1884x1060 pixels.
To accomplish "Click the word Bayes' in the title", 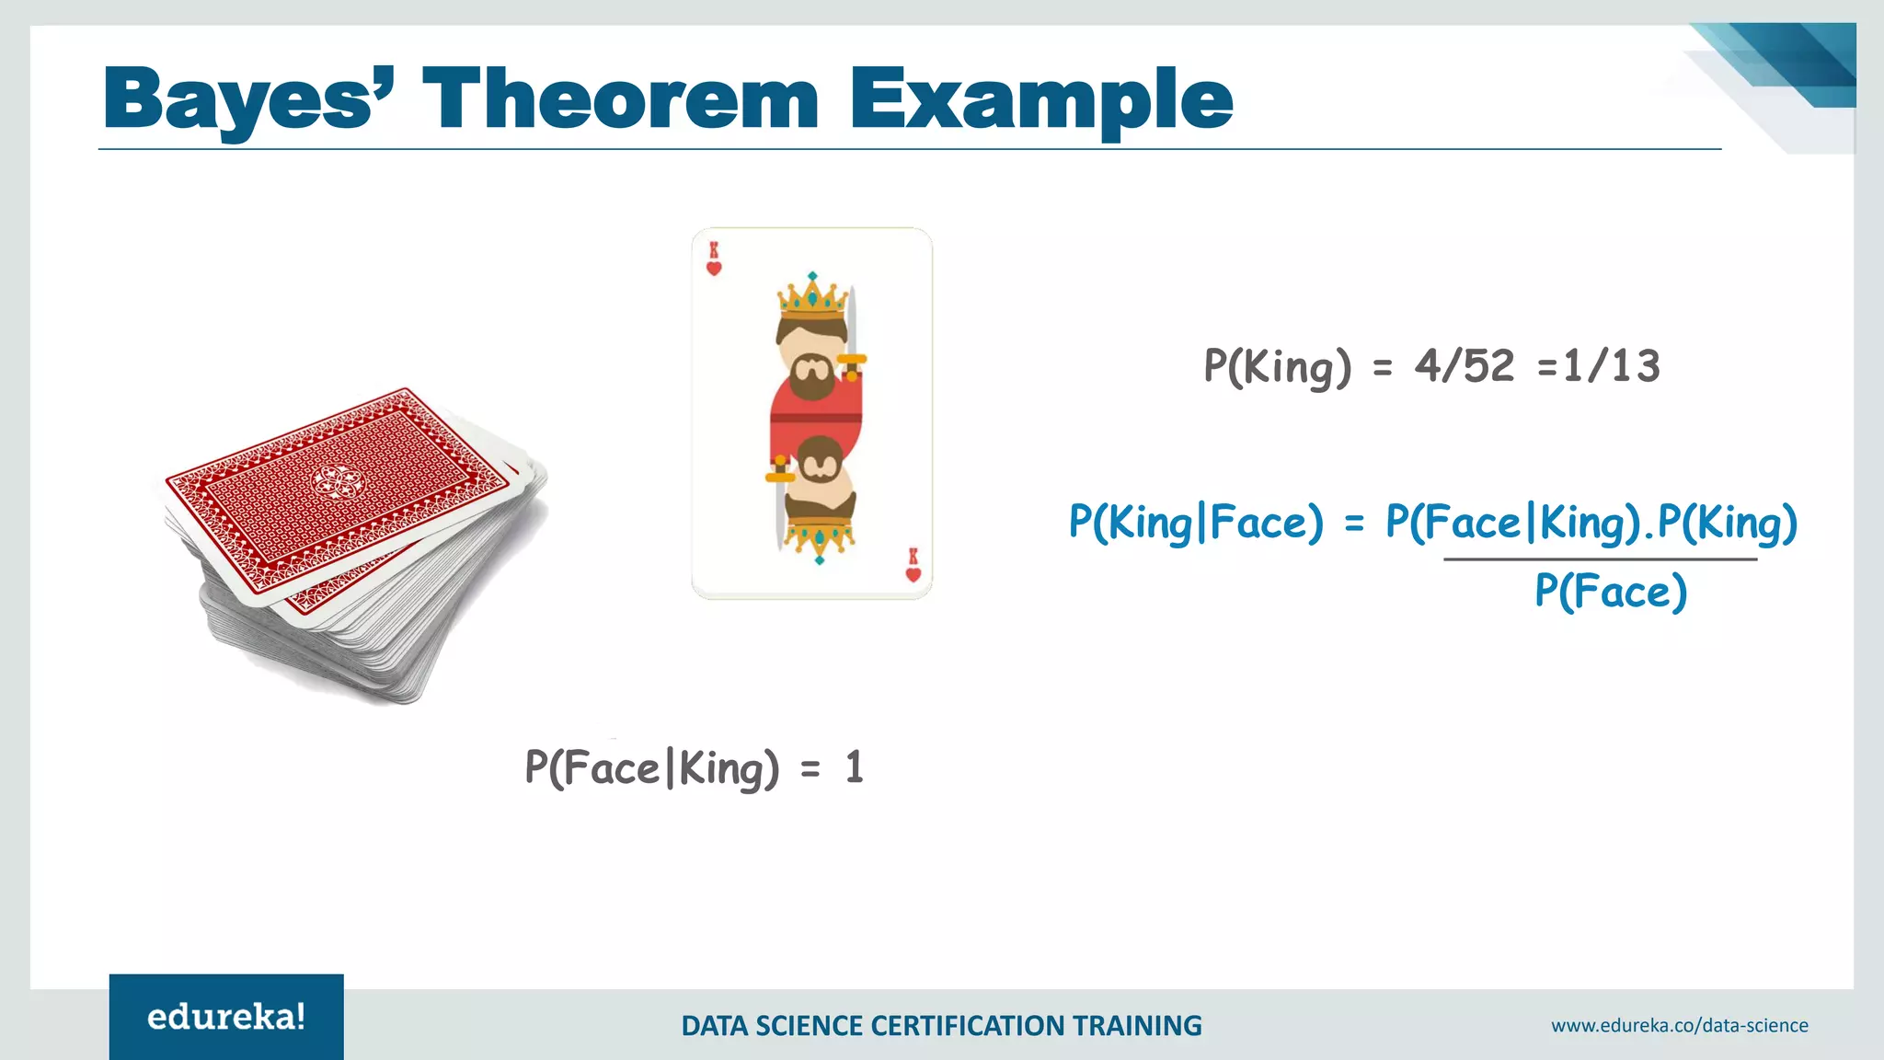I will tap(248, 99).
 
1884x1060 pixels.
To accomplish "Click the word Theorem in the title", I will tap(620, 99).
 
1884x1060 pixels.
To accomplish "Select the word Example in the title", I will tap(1040, 99).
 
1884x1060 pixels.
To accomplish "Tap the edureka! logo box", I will tap(226, 1017).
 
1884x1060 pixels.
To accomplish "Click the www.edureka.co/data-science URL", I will tap(1679, 1025).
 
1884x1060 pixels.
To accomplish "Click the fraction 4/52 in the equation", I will tap(1465, 366).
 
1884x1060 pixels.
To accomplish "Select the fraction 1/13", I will tap(1612, 366).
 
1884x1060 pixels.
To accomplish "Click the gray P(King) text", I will tap(1277, 366).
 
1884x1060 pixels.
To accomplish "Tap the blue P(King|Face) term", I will tap(1195, 523).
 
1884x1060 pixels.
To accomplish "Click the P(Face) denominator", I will tap(1610, 591).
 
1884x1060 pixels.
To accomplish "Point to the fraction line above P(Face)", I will tap(1601, 559).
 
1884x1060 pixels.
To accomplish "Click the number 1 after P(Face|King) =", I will tap(854, 767).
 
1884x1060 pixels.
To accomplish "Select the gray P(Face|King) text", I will tap(651, 768).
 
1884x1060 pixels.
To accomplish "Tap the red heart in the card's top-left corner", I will tap(714, 269).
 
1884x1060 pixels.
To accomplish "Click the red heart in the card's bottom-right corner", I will tap(913, 574).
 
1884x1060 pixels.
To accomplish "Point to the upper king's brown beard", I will tap(813, 380).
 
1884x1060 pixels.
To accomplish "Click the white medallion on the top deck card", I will tap(336, 480).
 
